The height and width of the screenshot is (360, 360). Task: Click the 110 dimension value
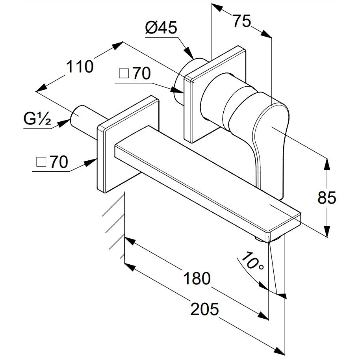(x=80, y=67)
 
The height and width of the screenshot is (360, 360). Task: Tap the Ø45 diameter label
(x=161, y=28)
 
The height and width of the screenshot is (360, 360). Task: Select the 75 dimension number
(x=242, y=21)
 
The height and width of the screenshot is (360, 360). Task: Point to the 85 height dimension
(x=327, y=197)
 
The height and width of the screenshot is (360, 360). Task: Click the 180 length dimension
(x=197, y=278)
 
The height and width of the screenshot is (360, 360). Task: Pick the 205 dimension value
(x=204, y=309)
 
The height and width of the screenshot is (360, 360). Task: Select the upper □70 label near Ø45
(x=135, y=74)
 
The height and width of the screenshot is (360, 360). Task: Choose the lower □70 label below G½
(x=52, y=162)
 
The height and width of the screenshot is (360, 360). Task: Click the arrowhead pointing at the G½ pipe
(x=63, y=123)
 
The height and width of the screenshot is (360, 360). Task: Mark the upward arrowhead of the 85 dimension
(x=327, y=164)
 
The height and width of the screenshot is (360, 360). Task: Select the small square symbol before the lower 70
(x=41, y=162)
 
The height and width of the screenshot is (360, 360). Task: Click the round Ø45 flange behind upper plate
(x=181, y=80)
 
